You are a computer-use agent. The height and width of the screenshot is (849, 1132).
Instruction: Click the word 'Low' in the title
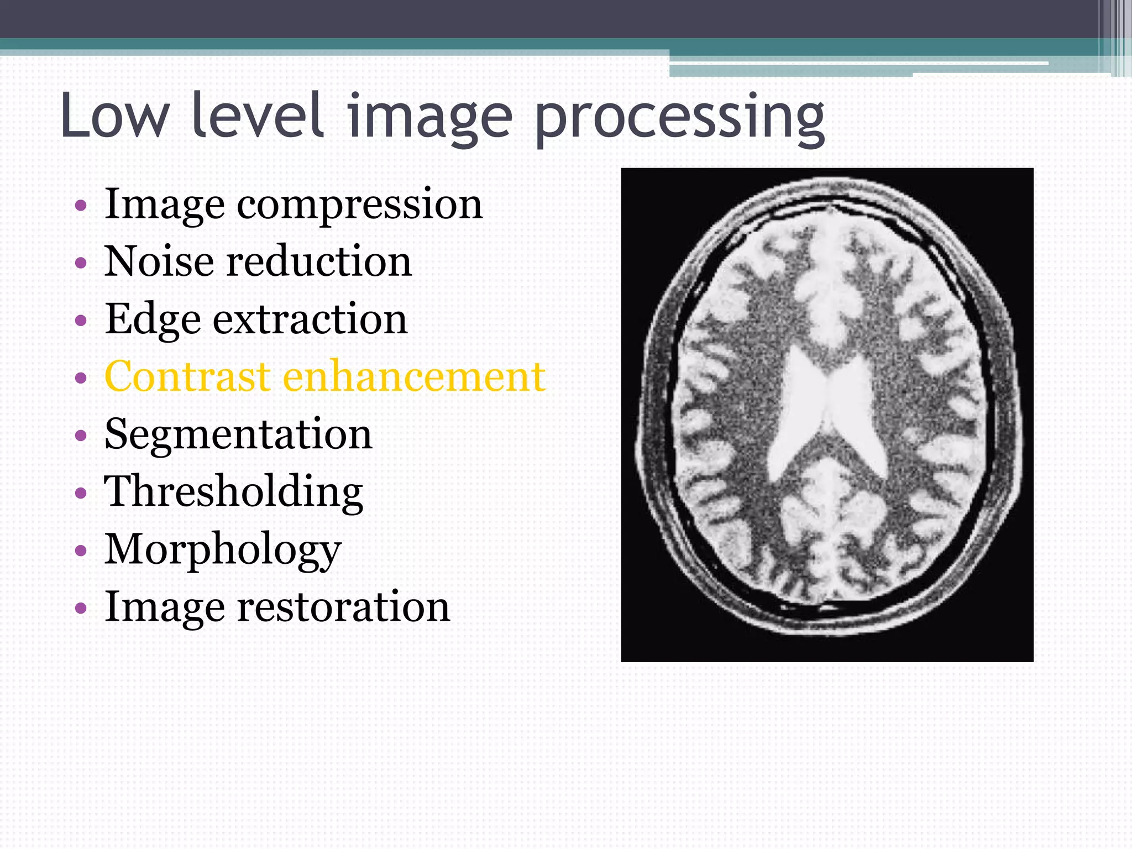click(113, 116)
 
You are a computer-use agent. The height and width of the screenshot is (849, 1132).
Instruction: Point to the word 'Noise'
click(159, 261)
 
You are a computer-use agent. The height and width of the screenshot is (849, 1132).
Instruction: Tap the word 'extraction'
click(310, 319)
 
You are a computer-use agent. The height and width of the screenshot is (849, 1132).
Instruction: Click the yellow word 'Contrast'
click(187, 376)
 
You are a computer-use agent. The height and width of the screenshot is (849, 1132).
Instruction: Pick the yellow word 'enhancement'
click(414, 376)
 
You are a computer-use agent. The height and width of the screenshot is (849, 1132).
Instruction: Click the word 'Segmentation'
click(238, 434)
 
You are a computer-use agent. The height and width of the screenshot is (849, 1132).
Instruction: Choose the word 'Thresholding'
click(233, 492)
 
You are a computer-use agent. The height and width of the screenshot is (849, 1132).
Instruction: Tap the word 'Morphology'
click(223, 551)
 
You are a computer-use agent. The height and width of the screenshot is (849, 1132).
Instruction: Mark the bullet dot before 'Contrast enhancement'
click(81, 378)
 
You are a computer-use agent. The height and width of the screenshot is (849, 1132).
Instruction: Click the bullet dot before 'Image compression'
click(81, 206)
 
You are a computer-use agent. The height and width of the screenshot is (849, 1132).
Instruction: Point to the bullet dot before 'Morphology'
click(81, 551)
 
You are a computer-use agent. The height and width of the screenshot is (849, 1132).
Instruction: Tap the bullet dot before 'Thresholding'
click(81, 493)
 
